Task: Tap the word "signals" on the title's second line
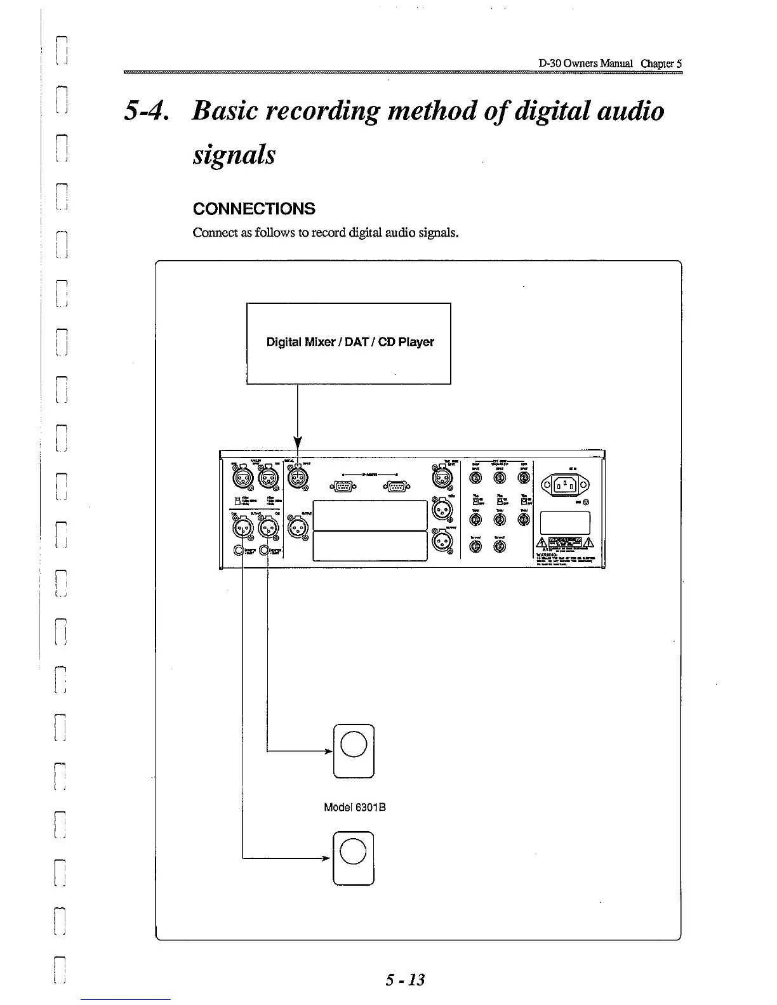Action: (x=234, y=154)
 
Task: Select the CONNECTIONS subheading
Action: (x=254, y=209)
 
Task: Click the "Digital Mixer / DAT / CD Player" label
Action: (x=350, y=342)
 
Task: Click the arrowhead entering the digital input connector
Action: (x=297, y=444)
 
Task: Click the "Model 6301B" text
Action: (x=355, y=808)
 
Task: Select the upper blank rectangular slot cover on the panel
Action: (x=369, y=515)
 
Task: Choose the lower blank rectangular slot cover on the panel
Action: (x=369, y=546)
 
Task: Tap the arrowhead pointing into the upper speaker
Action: (x=329, y=752)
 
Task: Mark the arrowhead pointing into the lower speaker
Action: (x=329, y=858)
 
